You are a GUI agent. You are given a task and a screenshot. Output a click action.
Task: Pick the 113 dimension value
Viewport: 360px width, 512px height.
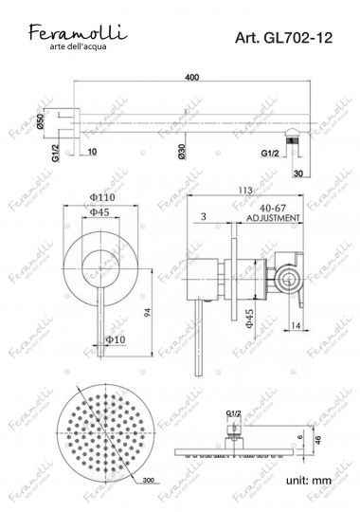pyautogui.click(x=249, y=190)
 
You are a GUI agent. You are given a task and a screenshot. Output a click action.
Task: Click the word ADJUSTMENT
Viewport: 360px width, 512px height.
pyautogui.click(x=273, y=217)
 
